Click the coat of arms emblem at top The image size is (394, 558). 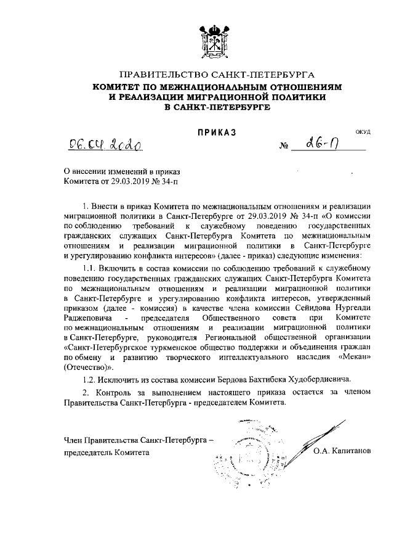213,41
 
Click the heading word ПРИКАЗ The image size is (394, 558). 216,132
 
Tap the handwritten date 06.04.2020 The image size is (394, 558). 105,145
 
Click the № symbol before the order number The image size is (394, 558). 284,147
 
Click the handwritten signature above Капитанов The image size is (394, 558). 320,432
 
